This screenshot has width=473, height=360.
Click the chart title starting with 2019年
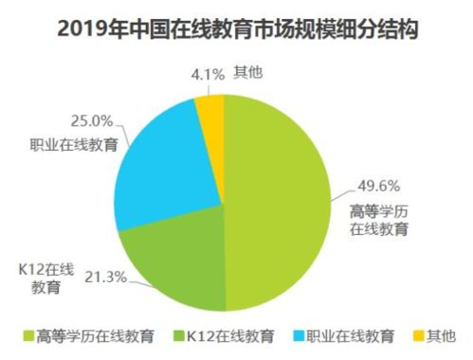click(x=237, y=29)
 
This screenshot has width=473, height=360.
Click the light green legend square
click(x=26, y=336)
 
